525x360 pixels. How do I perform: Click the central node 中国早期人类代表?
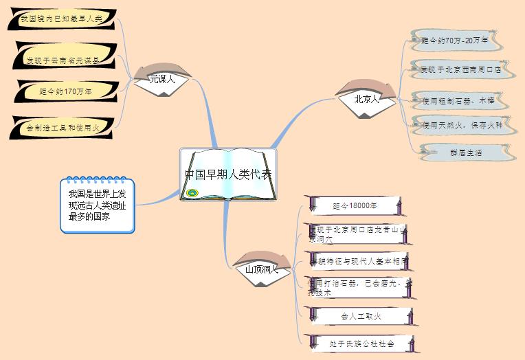pyautogui.click(x=228, y=174)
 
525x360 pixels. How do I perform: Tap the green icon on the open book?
pyautogui.click(x=192, y=193)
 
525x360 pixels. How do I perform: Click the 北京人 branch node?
pyautogui.click(x=366, y=99)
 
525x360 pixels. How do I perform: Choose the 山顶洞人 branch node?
pyautogui.click(x=261, y=269)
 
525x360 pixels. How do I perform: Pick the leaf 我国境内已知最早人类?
pyautogui.click(x=61, y=19)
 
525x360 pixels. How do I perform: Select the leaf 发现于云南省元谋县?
pyautogui.click(x=63, y=60)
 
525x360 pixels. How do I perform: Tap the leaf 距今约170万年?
pyautogui.click(x=66, y=91)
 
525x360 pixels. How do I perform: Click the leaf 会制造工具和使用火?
pyautogui.click(x=63, y=127)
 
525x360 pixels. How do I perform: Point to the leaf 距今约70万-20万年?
pyautogui.click(x=456, y=41)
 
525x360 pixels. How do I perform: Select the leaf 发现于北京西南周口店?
pyautogui.click(x=460, y=69)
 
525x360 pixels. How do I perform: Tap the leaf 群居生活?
pyautogui.click(x=465, y=152)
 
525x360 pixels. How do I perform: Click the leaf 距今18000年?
pyautogui.click(x=355, y=205)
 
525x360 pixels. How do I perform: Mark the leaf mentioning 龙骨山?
pyautogui.click(x=359, y=234)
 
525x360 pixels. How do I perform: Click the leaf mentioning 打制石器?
pyautogui.click(x=359, y=286)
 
